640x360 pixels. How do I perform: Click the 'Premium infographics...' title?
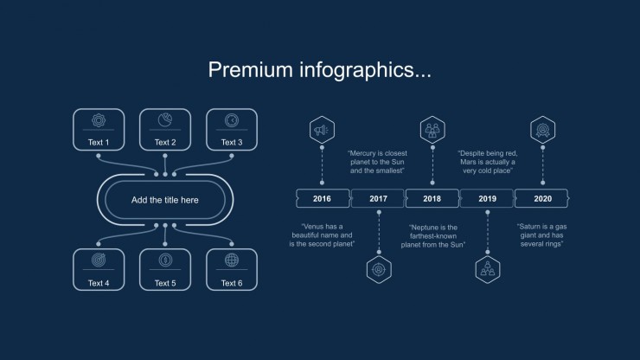point(320,70)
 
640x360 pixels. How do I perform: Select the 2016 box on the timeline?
point(323,198)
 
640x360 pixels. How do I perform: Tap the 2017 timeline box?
point(378,198)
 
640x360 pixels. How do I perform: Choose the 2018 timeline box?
point(432,198)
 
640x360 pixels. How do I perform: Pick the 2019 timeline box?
point(487,198)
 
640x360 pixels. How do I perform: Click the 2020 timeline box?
point(542,198)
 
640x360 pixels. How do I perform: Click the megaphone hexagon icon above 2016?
point(322,130)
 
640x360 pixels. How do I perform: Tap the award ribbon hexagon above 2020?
point(542,130)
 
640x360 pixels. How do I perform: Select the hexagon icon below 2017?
point(379,270)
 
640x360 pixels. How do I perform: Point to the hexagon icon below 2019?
point(487,270)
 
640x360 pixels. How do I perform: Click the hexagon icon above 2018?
point(432,130)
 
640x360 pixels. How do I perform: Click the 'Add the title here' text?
point(165,200)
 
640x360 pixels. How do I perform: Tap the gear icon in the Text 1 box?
point(99,120)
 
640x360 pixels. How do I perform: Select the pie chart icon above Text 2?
point(165,120)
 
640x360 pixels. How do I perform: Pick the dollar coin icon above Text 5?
point(165,260)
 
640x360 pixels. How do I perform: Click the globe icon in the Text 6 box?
point(232,260)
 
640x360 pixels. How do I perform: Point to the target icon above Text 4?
point(99,260)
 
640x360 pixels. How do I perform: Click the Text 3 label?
point(232,142)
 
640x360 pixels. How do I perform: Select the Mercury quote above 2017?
point(377,162)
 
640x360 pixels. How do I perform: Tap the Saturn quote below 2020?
point(541,235)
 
